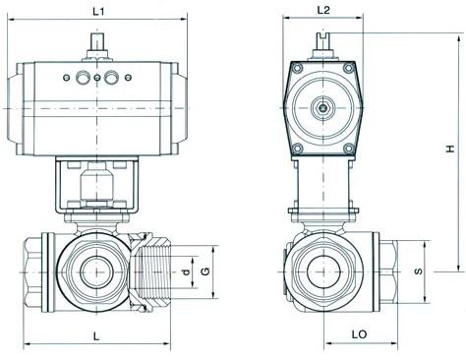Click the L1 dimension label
(x=98, y=12)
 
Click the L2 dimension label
(x=323, y=10)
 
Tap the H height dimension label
(x=450, y=149)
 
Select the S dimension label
(x=419, y=271)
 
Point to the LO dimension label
(x=359, y=334)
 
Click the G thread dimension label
(x=205, y=271)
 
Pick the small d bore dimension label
(x=186, y=271)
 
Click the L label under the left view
(x=95, y=336)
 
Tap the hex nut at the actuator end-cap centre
(x=323, y=108)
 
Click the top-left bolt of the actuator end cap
(x=298, y=69)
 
